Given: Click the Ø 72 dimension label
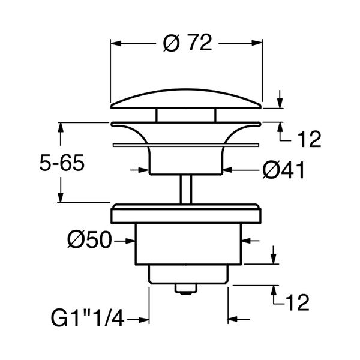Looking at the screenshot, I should (x=187, y=44).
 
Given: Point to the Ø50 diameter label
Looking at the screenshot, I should (x=89, y=241).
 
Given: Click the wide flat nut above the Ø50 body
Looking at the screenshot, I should (x=187, y=214).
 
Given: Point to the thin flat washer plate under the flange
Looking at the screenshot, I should (x=187, y=145).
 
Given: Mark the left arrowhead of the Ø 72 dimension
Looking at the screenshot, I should (x=116, y=44).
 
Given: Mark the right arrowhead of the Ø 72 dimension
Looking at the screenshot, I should (x=259, y=44).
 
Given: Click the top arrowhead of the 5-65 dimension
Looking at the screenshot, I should (x=61, y=127).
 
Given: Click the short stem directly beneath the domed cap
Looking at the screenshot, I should (x=187, y=115).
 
